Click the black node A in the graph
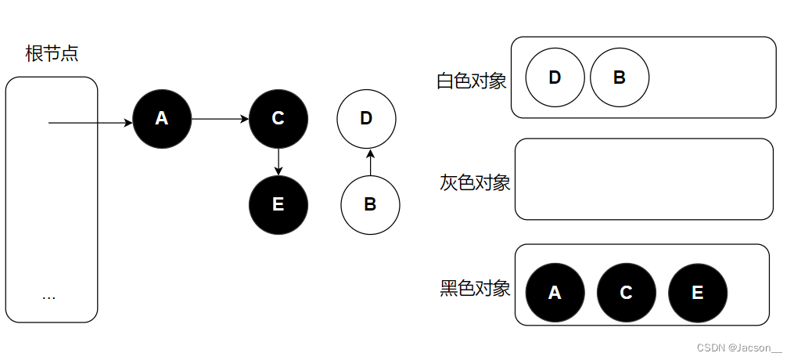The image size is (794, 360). click(162, 118)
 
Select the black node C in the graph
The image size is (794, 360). click(278, 118)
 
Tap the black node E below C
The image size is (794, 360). click(278, 204)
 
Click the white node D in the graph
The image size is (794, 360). click(366, 119)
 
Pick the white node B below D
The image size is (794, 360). click(370, 204)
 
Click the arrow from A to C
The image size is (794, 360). click(220, 119)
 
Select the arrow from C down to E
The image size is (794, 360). click(278, 161)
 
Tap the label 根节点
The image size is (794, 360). click(52, 54)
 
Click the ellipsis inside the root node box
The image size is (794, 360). click(49, 297)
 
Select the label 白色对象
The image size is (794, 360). click(472, 81)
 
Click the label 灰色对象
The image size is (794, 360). click(475, 183)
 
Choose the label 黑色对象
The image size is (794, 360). click(475, 288)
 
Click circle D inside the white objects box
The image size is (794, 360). click(555, 77)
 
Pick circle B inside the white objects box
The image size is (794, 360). click(619, 77)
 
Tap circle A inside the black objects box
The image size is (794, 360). click(555, 293)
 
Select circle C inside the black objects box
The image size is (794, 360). click(626, 293)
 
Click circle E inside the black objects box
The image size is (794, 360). click(697, 293)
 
